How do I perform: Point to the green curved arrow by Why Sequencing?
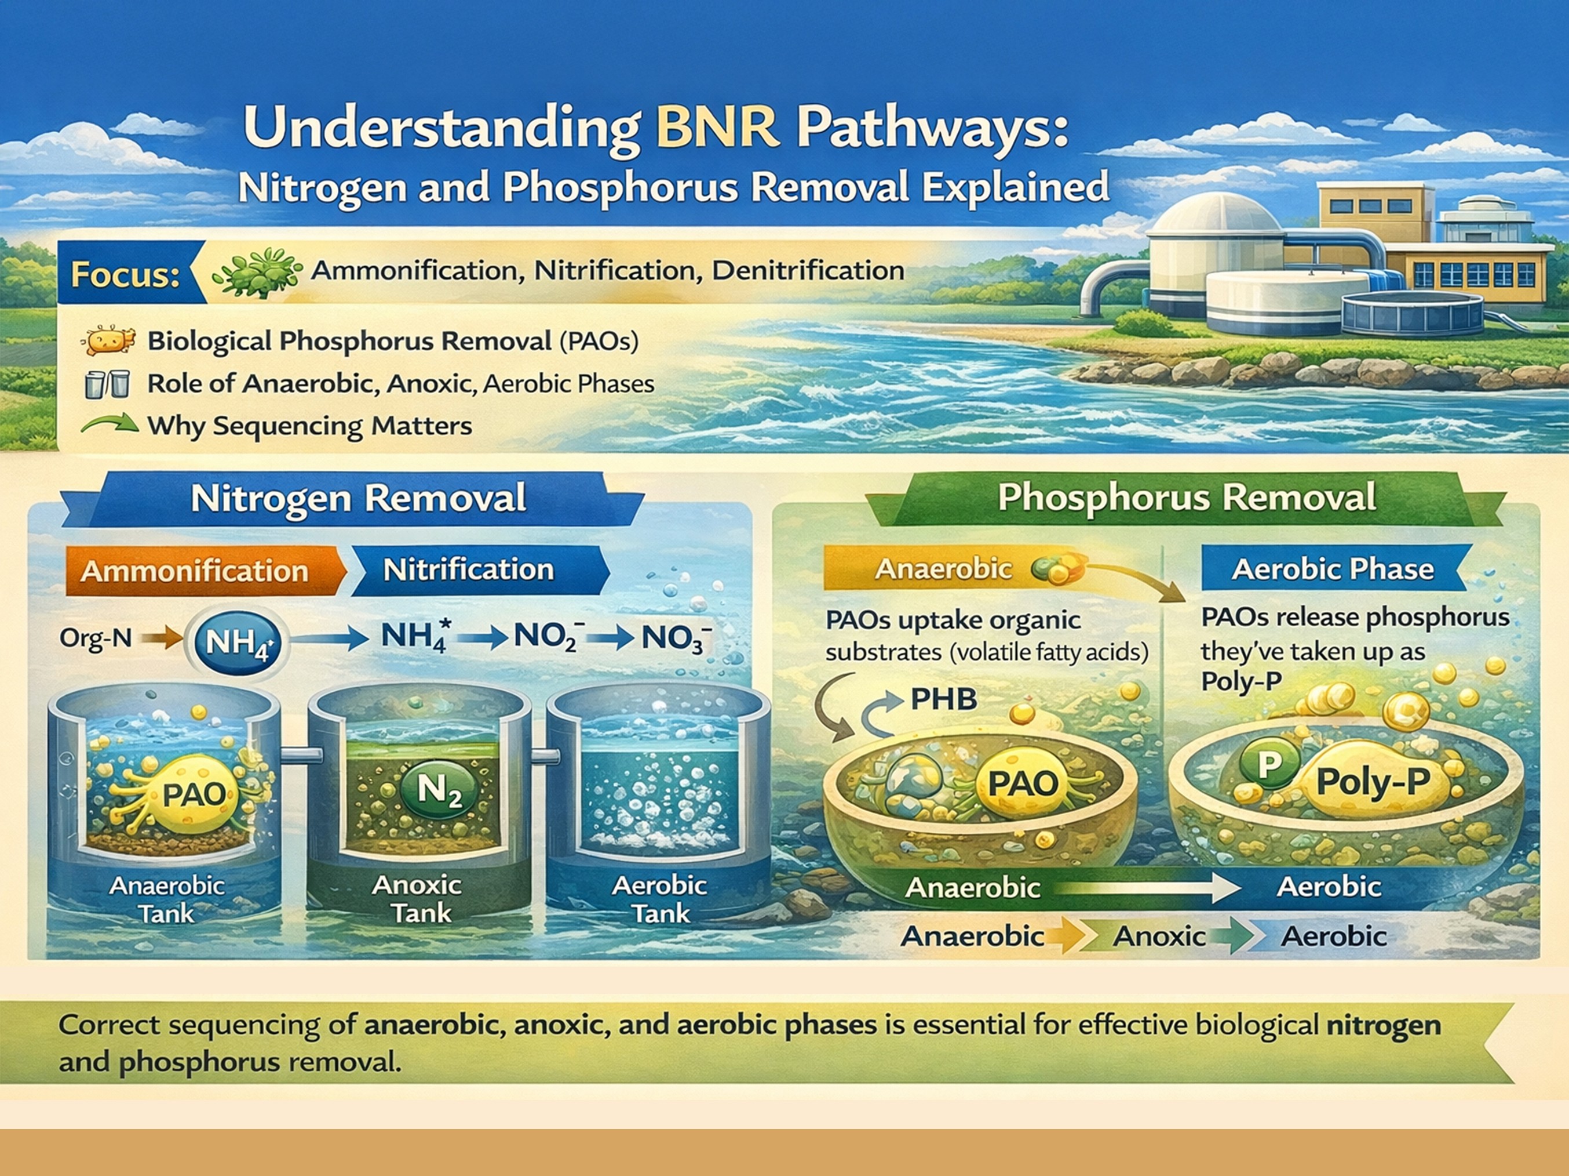tap(110, 425)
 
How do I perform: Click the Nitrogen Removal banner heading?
tap(358, 498)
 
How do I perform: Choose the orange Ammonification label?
tap(195, 571)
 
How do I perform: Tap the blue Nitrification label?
tap(468, 569)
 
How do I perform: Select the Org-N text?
tap(96, 638)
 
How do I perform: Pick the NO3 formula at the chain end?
tap(674, 637)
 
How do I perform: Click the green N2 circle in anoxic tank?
tap(439, 789)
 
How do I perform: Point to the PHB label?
tap(943, 700)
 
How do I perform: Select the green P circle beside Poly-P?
tap(1269, 764)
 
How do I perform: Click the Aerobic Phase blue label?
tap(1332, 569)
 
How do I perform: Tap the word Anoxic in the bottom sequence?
tap(1159, 936)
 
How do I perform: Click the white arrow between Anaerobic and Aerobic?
tap(1149, 887)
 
